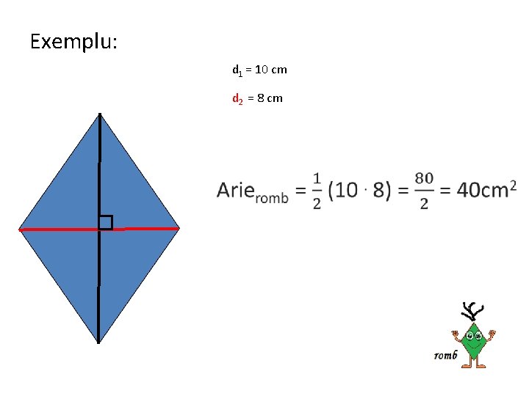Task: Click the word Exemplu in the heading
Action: click(73, 41)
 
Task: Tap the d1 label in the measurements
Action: click(237, 70)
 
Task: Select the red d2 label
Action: click(237, 98)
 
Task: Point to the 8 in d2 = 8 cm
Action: click(260, 98)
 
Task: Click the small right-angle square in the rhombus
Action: click(106, 222)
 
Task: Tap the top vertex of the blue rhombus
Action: click(100, 115)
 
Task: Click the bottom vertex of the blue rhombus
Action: click(98, 342)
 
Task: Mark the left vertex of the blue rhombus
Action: click(20, 230)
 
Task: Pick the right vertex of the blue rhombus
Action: click(179, 228)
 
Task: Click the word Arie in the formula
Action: click(235, 191)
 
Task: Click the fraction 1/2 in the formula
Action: click(317, 191)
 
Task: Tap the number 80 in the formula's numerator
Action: click(424, 178)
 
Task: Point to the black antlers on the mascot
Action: click(472, 311)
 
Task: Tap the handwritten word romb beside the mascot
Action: click(445, 356)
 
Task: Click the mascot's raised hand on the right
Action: click(492, 335)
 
